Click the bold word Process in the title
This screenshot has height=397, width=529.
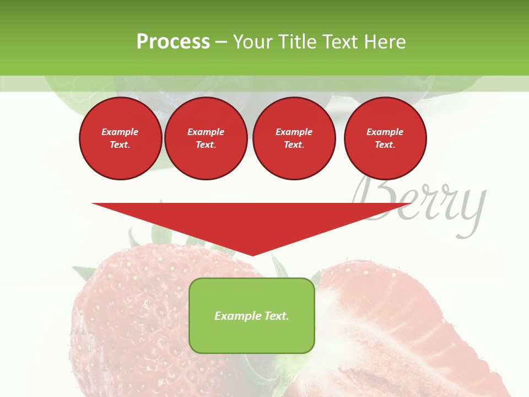(173, 42)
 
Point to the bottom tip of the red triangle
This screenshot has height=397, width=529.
(252, 254)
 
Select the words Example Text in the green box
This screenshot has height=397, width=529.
(251, 316)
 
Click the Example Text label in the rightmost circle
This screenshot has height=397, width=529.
(385, 138)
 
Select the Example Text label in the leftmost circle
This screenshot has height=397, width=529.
(120, 138)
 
